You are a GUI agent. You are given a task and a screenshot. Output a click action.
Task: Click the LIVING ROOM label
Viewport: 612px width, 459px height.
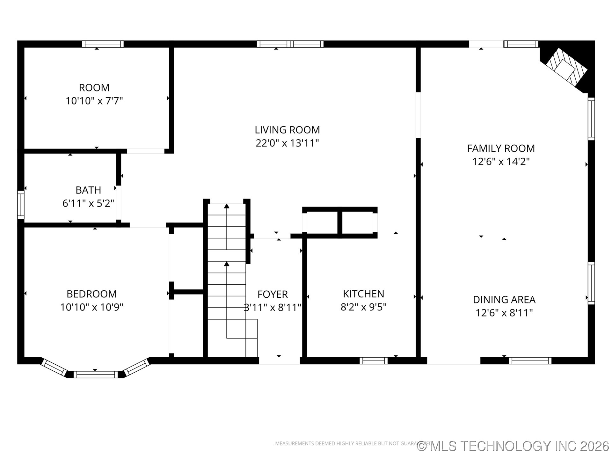point(287,130)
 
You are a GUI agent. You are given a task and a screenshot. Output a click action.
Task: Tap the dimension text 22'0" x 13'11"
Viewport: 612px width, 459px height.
point(287,143)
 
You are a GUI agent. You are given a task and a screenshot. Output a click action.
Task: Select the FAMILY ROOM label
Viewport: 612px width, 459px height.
point(501,148)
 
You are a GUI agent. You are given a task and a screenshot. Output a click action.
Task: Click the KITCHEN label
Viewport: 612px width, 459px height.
point(363,294)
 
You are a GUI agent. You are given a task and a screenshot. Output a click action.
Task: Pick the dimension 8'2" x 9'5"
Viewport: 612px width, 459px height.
point(363,307)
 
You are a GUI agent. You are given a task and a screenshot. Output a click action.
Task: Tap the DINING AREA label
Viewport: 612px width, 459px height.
point(504,300)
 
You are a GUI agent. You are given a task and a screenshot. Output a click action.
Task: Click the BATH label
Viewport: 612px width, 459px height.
point(88,190)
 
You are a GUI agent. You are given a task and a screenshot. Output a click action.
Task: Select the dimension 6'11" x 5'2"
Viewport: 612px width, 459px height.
point(88,203)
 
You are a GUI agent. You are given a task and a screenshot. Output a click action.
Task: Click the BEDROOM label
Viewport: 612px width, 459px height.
point(91,294)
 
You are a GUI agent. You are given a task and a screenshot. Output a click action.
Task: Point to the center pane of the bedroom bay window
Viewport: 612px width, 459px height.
point(96,375)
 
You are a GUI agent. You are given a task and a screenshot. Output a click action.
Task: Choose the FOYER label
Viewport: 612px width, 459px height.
point(273,294)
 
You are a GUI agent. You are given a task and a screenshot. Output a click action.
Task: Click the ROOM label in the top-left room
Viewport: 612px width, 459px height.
point(94,87)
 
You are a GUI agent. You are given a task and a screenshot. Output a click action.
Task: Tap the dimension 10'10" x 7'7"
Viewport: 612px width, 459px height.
point(94,101)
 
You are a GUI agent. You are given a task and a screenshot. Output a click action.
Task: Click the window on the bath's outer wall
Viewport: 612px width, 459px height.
point(21,204)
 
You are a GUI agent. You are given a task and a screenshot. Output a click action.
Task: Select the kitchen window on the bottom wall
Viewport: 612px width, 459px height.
point(373,361)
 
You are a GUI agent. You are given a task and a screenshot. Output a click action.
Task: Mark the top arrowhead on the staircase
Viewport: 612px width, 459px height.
point(227,206)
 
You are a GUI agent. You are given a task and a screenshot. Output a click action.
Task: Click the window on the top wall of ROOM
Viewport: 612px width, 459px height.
point(103,44)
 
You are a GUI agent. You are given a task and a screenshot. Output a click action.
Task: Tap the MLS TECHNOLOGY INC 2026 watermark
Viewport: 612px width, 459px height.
point(513,446)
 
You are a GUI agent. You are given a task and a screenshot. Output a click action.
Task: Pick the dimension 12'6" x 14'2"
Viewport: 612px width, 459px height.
point(501,162)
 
